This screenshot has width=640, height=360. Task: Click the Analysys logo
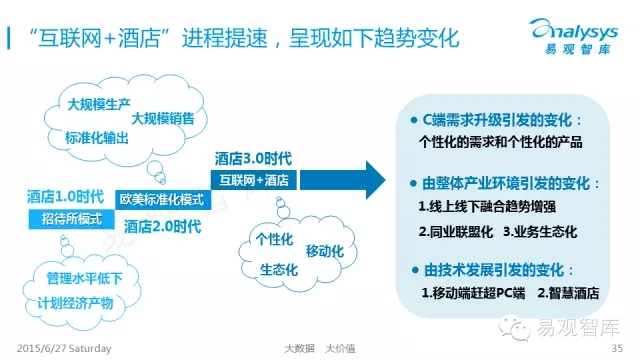(574, 36)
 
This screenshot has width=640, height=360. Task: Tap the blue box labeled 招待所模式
(71, 219)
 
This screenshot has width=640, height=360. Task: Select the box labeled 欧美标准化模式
(163, 200)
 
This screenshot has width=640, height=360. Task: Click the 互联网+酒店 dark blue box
(254, 180)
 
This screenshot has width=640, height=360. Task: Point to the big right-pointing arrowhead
(375, 180)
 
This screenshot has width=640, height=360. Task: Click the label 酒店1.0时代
(65, 197)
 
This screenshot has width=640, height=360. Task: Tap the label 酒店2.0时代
(162, 227)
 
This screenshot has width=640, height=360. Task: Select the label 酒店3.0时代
(253, 159)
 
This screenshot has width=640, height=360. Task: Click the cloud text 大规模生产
(99, 104)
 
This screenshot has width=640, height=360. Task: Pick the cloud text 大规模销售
(163, 118)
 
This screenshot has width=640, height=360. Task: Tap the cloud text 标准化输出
(97, 138)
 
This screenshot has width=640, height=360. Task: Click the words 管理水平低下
(84, 278)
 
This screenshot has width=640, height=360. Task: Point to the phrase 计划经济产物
(75, 303)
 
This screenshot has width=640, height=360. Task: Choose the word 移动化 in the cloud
(325, 251)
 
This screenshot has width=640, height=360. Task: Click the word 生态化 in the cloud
(279, 270)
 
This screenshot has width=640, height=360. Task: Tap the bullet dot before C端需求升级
(414, 120)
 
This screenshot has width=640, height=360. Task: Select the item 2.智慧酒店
(568, 293)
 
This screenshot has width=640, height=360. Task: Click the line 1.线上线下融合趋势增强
(487, 207)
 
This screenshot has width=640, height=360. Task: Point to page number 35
(617, 348)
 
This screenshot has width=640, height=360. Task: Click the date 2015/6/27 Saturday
(64, 349)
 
